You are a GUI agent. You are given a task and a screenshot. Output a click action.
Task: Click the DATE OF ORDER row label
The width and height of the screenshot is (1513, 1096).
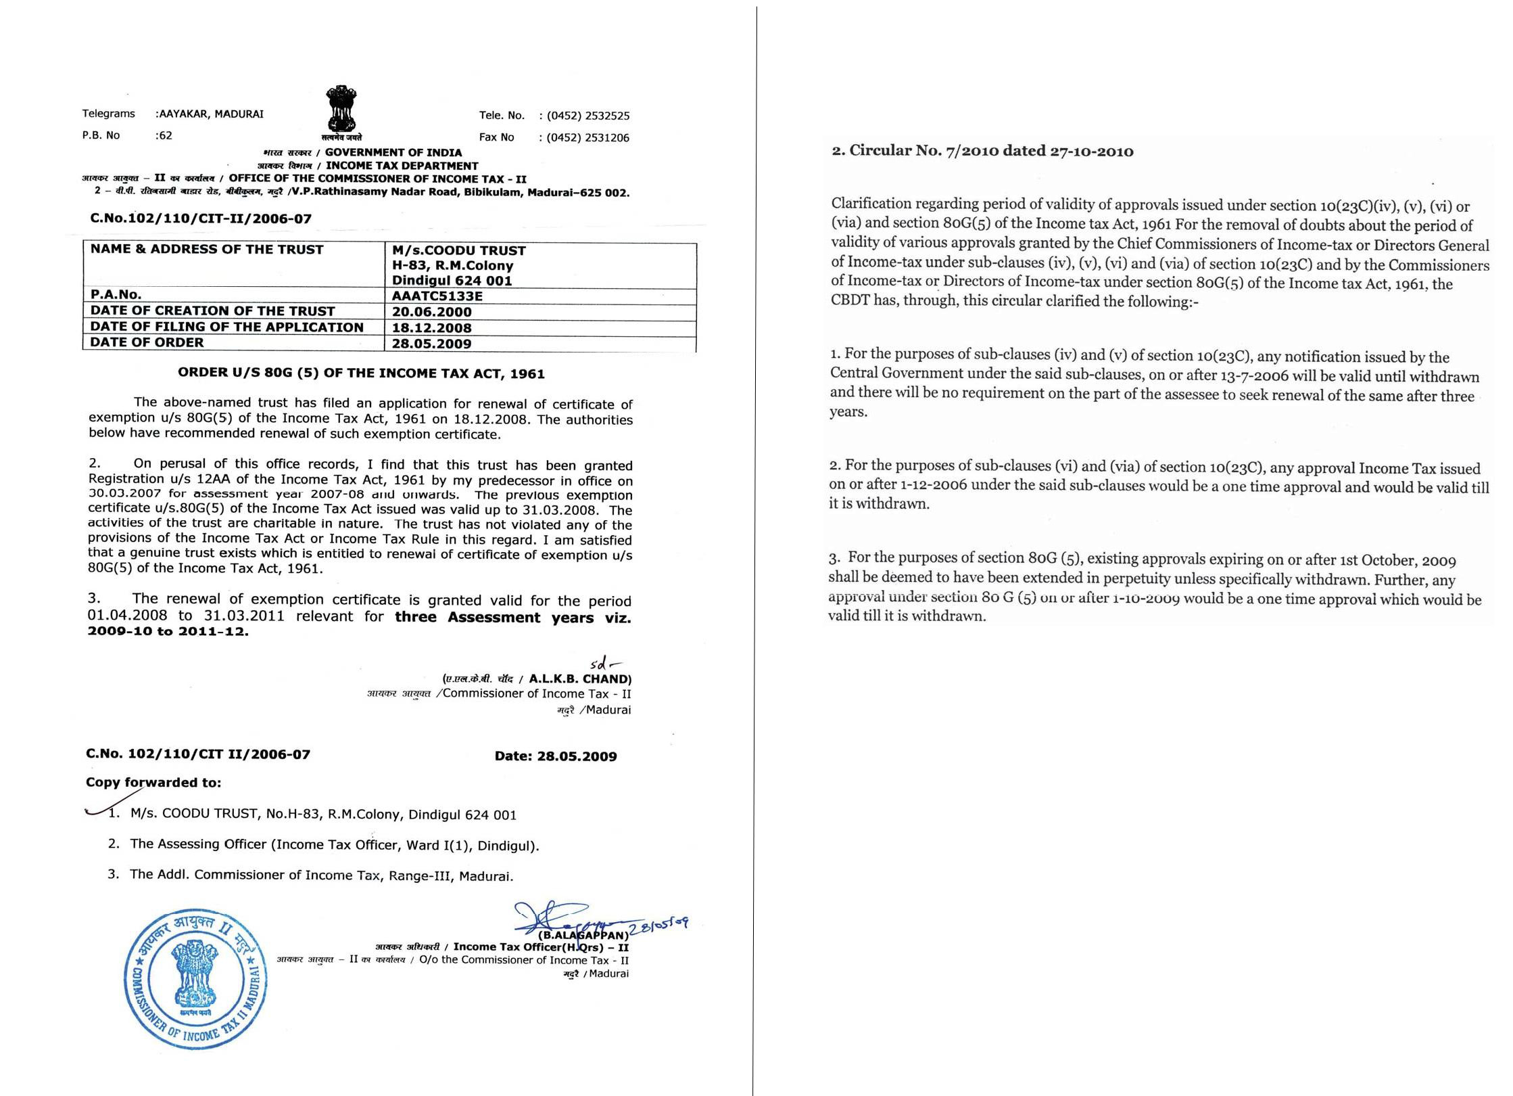147,342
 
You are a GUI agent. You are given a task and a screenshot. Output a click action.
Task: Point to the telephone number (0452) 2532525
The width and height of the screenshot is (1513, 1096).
587,116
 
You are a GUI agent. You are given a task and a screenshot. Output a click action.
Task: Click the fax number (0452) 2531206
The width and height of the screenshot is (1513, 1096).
587,138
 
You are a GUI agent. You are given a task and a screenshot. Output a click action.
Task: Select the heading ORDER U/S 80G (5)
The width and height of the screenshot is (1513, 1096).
361,373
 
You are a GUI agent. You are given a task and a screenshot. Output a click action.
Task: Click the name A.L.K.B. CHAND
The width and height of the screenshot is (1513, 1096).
579,679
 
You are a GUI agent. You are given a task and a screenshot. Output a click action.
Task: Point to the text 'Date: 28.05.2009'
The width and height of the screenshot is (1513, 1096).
556,756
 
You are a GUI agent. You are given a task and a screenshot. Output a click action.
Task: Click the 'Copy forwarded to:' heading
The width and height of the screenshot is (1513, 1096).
153,783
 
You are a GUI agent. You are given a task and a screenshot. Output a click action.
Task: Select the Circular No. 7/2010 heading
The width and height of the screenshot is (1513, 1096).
982,151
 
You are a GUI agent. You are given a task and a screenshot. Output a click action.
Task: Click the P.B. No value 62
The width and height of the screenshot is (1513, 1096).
164,135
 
